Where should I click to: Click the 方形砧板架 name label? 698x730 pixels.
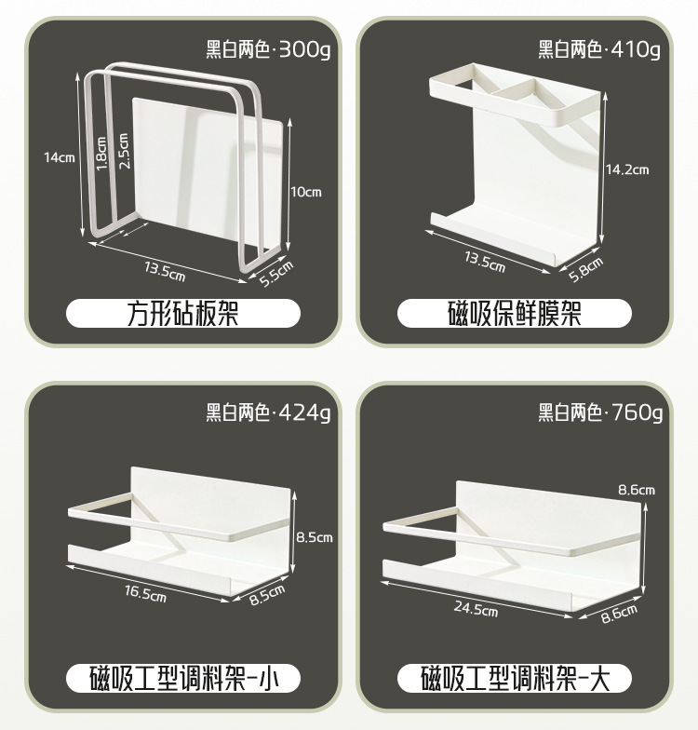tap(182, 314)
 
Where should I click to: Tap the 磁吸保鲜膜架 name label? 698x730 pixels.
tap(515, 314)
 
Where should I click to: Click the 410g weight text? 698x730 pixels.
tap(637, 49)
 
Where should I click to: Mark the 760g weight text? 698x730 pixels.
tap(637, 411)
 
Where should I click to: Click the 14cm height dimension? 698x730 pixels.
tap(59, 157)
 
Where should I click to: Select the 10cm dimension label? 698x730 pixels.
tap(305, 193)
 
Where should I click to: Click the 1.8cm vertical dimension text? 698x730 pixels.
tap(101, 152)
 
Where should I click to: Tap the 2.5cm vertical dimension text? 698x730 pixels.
tap(124, 150)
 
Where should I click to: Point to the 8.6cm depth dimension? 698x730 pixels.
tap(619, 611)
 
